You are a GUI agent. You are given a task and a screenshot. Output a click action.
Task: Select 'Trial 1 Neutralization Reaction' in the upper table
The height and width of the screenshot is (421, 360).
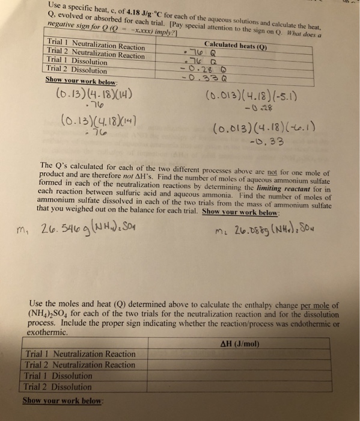(95, 46)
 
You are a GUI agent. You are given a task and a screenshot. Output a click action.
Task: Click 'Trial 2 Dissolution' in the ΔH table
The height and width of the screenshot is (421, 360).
(59, 387)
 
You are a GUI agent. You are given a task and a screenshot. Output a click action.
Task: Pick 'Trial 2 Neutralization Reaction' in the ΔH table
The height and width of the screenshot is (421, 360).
(79, 364)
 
